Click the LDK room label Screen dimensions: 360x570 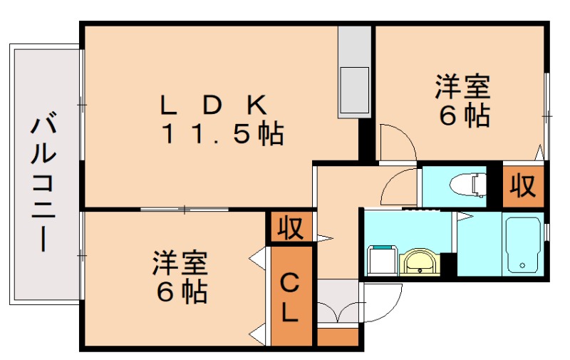pos(214,105)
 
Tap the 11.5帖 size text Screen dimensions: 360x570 pos(222,133)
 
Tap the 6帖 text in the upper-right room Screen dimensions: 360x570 pos(464,115)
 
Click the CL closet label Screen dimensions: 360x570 pos(290,297)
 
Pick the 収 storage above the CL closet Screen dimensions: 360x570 pos(290,228)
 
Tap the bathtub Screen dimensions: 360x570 pos(523,244)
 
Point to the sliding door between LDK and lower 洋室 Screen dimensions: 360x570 pos(184,210)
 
